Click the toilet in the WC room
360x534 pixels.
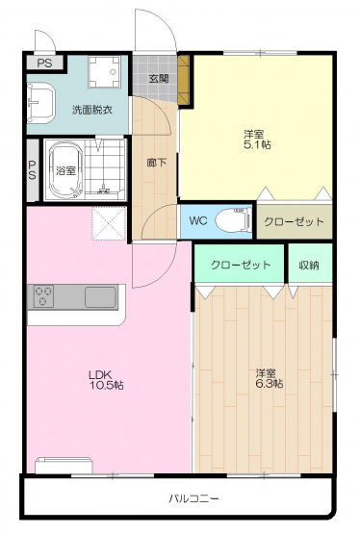[x=234, y=220]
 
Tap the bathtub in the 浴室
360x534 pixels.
[x=66, y=169]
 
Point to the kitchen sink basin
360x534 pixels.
[x=100, y=297]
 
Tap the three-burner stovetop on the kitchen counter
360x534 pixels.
[x=43, y=296]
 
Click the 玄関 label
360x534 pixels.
[x=159, y=79]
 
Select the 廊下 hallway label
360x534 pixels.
[x=156, y=163]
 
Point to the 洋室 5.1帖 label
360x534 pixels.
[x=257, y=139]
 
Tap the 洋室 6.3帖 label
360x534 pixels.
[x=270, y=378]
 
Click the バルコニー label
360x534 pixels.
[x=193, y=499]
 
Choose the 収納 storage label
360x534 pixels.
[x=309, y=265]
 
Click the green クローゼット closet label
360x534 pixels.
[x=241, y=265]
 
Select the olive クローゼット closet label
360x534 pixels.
[x=294, y=221]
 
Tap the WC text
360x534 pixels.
[x=198, y=220]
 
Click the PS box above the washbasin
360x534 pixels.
[x=44, y=63]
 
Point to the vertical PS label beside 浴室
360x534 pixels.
[x=32, y=170]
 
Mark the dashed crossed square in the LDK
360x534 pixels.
[x=109, y=224]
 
